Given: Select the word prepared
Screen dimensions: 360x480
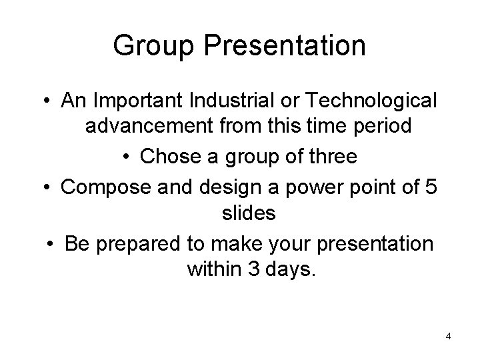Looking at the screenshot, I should pyautogui.click(x=139, y=243).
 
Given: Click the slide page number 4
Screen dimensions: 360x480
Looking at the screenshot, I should pyautogui.click(x=448, y=336).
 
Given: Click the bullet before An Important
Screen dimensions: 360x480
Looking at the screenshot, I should pyautogui.click(x=49, y=101).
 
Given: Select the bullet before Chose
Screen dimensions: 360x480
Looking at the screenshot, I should pyautogui.click(x=129, y=158).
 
